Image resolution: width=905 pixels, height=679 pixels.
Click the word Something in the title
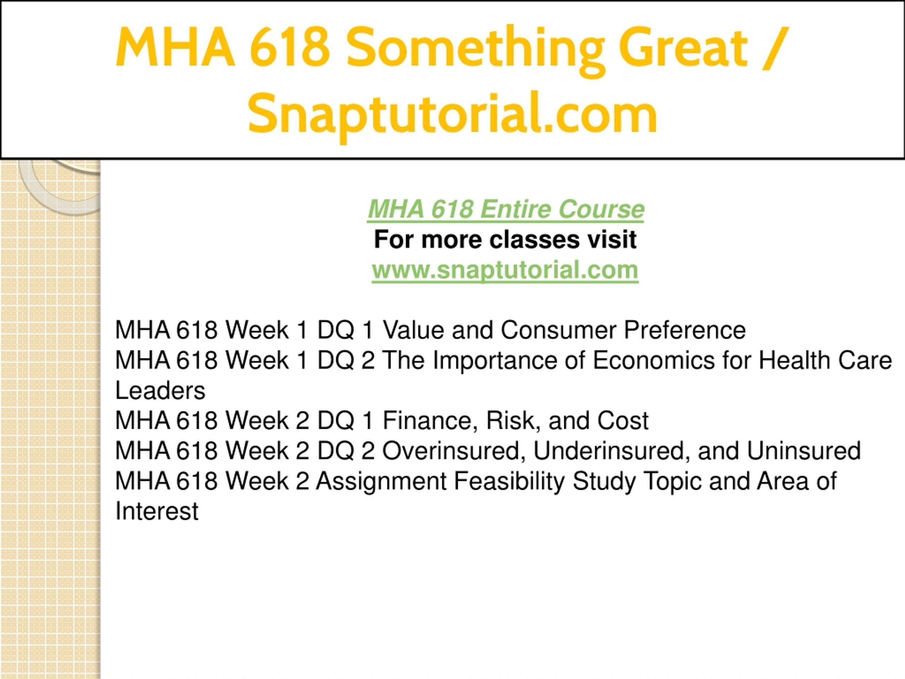click(x=476, y=49)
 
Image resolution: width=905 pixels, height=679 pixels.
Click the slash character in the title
click(x=775, y=46)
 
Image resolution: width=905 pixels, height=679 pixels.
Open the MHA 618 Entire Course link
click(x=505, y=209)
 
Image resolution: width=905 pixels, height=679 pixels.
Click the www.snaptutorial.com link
click(x=505, y=270)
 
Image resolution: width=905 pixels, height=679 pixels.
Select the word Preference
click(x=684, y=330)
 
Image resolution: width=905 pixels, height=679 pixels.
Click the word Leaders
click(x=160, y=390)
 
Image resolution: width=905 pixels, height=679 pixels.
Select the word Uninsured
click(x=804, y=451)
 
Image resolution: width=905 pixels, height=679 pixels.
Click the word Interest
click(x=157, y=511)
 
